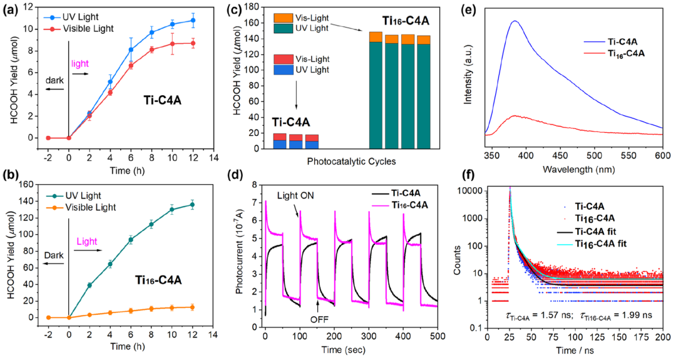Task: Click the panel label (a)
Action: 11,10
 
